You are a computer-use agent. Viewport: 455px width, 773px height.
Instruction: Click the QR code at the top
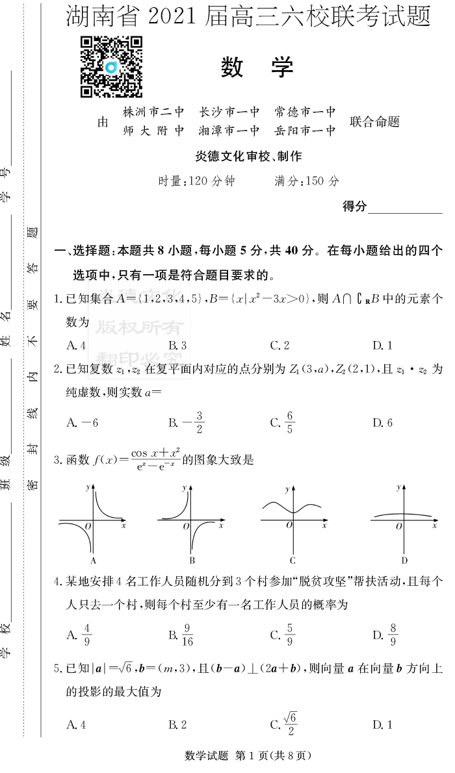(x=111, y=67)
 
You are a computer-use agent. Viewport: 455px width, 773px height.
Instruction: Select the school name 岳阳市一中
(x=305, y=131)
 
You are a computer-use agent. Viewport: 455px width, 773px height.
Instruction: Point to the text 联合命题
(x=374, y=121)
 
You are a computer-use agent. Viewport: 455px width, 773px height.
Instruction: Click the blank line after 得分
(x=405, y=207)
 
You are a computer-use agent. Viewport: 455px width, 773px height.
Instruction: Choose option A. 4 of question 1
(x=77, y=345)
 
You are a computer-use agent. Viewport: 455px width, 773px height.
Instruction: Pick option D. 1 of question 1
(x=382, y=345)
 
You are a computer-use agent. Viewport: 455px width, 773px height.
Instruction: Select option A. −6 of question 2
(x=82, y=423)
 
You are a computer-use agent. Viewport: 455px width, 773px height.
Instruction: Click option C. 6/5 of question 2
(x=283, y=422)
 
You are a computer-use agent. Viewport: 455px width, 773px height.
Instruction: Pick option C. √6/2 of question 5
(x=284, y=723)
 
